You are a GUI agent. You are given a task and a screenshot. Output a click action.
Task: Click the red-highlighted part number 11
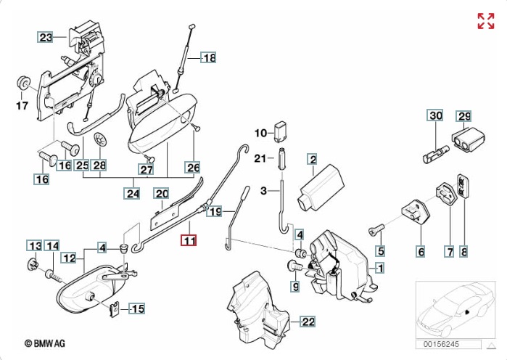(189, 240)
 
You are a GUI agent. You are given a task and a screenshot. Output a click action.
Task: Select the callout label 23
(46, 37)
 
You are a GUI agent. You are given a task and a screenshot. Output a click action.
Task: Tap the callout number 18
(208, 57)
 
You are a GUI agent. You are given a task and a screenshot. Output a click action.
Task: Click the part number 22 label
(308, 322)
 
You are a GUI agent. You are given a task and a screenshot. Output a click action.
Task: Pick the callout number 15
(136, 309)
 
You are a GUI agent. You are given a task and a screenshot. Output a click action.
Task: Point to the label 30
(434, 115)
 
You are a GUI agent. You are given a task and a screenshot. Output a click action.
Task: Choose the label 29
(463, 115)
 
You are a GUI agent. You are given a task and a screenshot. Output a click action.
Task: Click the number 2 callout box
(312, 158)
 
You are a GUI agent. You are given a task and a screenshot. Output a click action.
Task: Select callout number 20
(160, 193)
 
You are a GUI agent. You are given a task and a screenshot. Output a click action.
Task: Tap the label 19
(214, 212)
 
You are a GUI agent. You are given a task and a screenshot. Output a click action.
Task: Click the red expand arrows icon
(485, 21)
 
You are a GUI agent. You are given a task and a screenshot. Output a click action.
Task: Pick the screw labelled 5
(374, 230)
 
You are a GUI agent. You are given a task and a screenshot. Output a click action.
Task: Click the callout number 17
(21, 106)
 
